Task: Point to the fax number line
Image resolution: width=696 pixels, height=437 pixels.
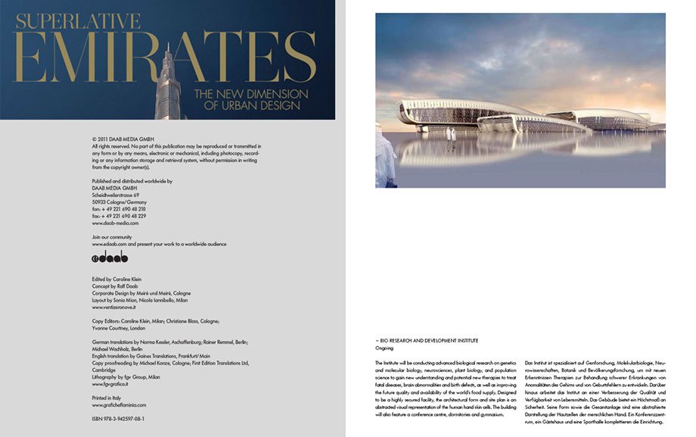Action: click(x=119, y=216)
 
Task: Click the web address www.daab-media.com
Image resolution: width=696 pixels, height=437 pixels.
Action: click(x=115, y=223)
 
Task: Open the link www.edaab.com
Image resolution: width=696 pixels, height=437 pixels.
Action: click(x=109, y=244)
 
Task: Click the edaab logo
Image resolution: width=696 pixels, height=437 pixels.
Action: click(x=110, y=258)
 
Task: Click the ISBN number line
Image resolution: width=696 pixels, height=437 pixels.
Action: click(x=118, y=418)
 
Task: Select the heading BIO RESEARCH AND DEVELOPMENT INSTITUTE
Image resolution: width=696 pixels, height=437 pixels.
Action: click(x=428, y=341)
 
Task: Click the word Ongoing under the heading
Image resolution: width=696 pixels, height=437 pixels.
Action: click(x=384, y=348)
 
